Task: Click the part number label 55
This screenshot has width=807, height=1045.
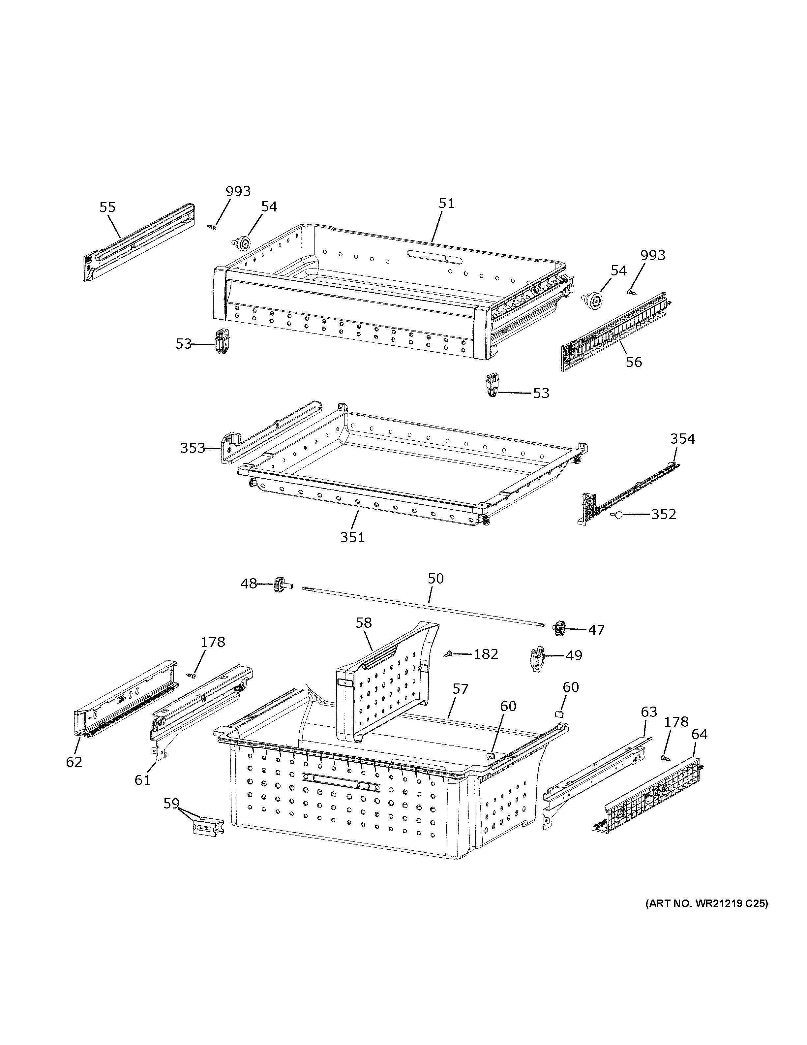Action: click(x=107, y=207)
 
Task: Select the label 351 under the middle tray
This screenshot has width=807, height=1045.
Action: click(x=352, y=537)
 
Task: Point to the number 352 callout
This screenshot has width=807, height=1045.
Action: click(x=664, y=514)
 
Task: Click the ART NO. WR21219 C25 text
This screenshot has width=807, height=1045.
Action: click(x=706, y=904)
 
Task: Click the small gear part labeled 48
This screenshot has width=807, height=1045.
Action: click(x=279, y=584)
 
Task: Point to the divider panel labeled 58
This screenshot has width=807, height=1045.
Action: click(x=382, y=684)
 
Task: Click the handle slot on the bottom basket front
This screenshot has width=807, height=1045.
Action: click(x=341, y=781)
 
